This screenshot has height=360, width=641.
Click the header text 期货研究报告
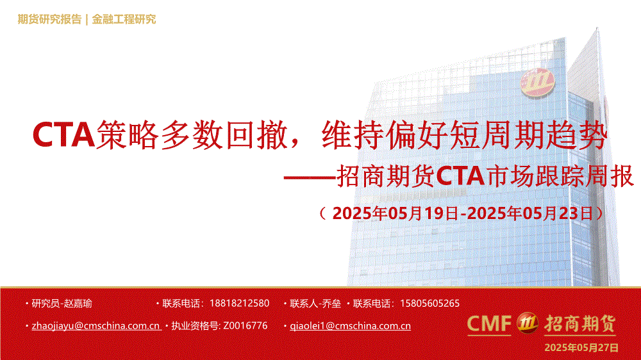tap(49, 19)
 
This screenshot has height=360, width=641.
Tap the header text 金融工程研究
tap(124, 19)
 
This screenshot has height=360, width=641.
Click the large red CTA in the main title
tap(63, 135)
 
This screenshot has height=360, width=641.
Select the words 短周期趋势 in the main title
tap(528, 135)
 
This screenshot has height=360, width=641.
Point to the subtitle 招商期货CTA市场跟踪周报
tap(485, 176)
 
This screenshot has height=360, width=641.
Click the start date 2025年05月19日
tap(395, 213)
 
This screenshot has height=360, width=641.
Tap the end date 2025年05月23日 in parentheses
tap(529, 213)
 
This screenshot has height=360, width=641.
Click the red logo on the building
tap(537, 83)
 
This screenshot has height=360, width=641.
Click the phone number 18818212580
tap(239, 304)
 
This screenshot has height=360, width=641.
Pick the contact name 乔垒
tap(331, 304)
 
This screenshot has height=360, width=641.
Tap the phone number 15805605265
tap(429, 304)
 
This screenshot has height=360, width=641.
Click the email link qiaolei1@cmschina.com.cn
tap(351, 325)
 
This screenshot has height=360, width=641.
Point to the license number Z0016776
tap(246, 325)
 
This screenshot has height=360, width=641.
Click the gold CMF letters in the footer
tap(489, 324)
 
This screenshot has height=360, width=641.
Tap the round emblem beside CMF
tap(528, 323)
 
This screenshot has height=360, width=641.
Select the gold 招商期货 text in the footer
tap(579, 324)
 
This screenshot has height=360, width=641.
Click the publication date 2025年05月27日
tap(581, 348)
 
